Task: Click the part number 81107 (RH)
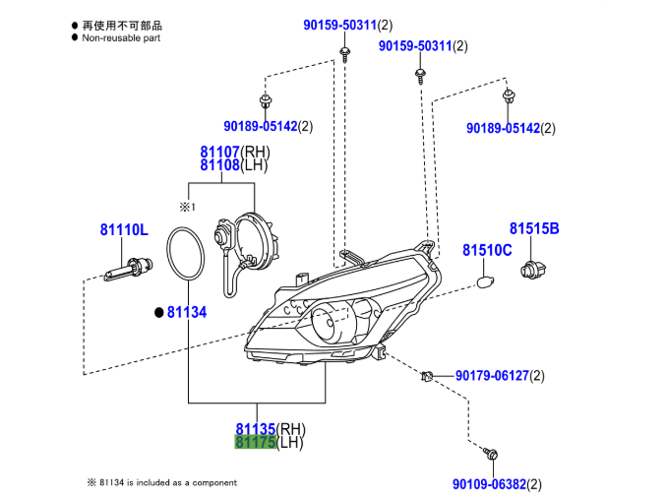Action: pos(220,153)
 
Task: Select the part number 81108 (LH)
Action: pos(220,165)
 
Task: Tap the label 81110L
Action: pos(123,230)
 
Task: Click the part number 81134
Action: pos(186,312)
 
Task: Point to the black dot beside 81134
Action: pos(157,312)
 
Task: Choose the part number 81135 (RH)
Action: pos(256,429)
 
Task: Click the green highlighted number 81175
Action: pos(256,443)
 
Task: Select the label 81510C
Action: pos(487,250)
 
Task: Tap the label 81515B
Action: pos(533,229)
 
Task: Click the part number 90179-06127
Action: pos(492,376)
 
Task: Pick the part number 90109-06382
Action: pos(490,484)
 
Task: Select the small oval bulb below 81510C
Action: pos(483,282)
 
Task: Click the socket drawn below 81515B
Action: pos(533,267)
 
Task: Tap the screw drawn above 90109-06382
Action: pos(494,454)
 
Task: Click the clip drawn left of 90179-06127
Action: pos(429,376)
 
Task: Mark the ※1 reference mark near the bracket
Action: pos(188,207)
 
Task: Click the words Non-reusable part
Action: pos(120,37)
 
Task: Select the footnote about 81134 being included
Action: pos(161,482)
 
